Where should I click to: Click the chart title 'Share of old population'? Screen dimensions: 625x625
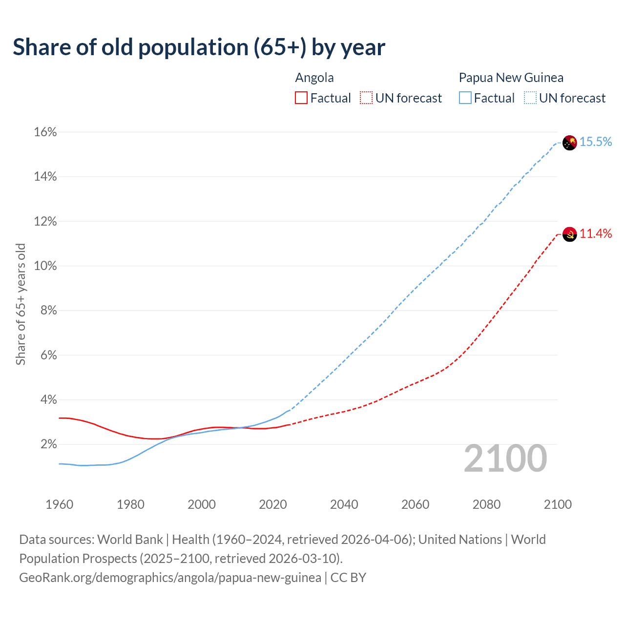tap(199, 47)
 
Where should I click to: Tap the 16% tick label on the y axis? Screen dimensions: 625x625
tap(45, 132)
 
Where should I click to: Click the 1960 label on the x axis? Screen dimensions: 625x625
tap(59, 504)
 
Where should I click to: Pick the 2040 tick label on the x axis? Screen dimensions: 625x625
tap(344, 504)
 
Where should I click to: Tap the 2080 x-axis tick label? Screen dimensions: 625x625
tap(486, 504)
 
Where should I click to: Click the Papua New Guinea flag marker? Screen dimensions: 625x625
tap(569, 143)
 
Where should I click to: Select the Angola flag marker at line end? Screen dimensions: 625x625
tap(569, 234)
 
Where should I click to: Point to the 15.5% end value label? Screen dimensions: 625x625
tap(596, 142)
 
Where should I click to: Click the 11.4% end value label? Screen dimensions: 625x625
tap(596, 234)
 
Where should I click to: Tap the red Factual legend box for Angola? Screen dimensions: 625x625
tap(301, 98)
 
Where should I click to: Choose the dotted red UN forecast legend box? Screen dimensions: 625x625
tap(366, 98)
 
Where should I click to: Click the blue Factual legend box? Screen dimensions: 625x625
tap(465, 98)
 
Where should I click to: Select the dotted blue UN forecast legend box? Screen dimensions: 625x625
tap(530, 98)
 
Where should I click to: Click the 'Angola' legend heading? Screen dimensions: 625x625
tap(314, 78)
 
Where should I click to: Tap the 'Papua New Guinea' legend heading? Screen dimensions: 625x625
tap(511, 78)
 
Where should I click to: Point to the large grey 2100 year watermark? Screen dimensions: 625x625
tap(505, 458)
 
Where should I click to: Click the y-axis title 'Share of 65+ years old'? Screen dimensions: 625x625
tap(21, 304)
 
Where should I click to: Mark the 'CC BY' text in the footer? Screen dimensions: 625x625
tap(348, 578)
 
